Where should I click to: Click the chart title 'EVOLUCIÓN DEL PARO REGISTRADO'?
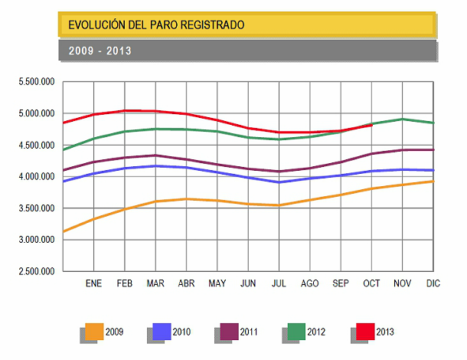(157, 25)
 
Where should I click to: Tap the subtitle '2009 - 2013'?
(100, 51)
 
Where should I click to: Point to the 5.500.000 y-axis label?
(37, 82)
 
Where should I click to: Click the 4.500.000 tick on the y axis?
(37, 146)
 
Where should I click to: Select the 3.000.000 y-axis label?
(37, 240)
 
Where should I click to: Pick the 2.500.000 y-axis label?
(37, 271)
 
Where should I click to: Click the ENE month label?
(94, 283)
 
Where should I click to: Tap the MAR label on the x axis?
(155, 283)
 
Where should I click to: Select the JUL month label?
(279, 283)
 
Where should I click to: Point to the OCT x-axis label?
(371, 283)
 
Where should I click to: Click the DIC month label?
(433, 283)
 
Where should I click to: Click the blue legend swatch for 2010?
(162, 332)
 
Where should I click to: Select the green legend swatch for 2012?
(296, 332)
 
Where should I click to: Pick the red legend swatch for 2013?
(364, 332)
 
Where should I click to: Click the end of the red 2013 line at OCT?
(371, 125)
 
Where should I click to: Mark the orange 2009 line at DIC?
(433, 182)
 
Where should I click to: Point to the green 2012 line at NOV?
(402, 119)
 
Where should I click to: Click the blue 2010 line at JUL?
(279, 182)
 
